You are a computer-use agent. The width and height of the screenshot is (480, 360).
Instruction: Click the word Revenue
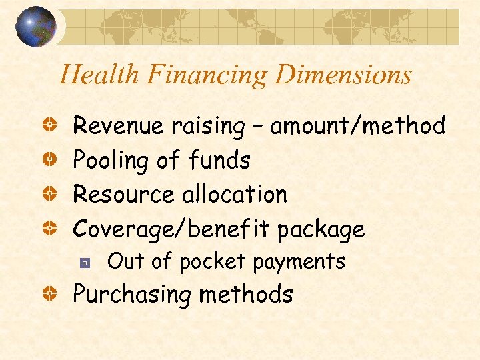click(x=115, y=125)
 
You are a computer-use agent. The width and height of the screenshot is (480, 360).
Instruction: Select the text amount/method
click(x=357, y=125)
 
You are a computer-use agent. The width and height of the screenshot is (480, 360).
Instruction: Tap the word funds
click(x=219, y=160)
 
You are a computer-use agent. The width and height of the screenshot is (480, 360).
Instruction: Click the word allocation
click(x=234, y=195)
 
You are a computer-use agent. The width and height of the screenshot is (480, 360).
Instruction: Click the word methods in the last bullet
click(x=257, y=294)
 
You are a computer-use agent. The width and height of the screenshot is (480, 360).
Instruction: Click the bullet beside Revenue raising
click(x=49, y=126)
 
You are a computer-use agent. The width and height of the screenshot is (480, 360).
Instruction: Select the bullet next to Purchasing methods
click(x=49, y=295)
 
